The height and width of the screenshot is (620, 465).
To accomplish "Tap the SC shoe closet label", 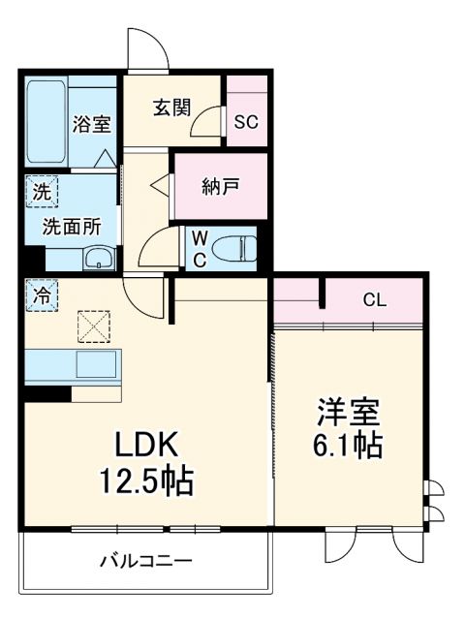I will pos(246,123).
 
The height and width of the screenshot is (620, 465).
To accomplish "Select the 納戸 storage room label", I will pos(220,186).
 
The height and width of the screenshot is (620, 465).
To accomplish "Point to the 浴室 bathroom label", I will pos(93,124).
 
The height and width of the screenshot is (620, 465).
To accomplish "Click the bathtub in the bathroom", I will pos(46,124).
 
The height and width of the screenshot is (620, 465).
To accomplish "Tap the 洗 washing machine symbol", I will pos(42,191).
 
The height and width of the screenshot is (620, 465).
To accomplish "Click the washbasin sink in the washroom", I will pos(98,260).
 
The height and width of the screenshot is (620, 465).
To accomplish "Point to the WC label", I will pos(198,248).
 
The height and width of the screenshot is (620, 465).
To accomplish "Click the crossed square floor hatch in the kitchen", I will pos(96,326).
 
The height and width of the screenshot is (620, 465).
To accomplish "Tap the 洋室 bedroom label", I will pos(347,411).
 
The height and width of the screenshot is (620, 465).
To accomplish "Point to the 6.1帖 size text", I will pos(347,447).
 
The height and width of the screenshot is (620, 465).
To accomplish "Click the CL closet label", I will pos(374,299).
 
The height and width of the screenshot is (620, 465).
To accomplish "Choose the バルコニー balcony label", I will pos(145,561).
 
